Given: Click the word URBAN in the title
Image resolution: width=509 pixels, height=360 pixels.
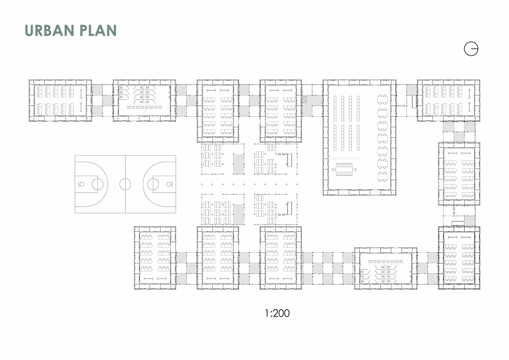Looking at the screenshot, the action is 49,31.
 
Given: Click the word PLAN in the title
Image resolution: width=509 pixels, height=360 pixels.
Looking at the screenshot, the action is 98,31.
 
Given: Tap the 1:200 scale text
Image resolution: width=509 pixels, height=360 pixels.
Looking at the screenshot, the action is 277,313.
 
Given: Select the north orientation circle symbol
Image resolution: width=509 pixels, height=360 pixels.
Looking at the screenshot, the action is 471,49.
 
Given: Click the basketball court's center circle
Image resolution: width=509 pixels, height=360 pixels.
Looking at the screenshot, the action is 125,184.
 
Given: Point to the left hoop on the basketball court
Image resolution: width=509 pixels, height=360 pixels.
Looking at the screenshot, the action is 82,184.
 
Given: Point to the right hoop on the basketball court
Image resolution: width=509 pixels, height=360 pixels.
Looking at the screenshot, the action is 169,184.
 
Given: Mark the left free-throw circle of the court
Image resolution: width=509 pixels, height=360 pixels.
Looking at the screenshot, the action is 98,184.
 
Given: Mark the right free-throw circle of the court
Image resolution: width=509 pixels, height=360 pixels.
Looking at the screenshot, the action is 153,184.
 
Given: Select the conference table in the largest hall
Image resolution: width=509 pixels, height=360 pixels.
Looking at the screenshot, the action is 344,169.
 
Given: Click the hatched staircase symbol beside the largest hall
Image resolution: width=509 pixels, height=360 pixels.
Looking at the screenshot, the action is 304,99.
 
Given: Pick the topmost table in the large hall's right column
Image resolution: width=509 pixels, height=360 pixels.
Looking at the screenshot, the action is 382,99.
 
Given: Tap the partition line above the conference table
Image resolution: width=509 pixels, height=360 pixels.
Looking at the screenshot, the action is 345,158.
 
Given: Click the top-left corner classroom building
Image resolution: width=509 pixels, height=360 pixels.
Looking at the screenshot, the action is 60,100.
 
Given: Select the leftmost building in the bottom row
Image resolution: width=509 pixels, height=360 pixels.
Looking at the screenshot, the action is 155,258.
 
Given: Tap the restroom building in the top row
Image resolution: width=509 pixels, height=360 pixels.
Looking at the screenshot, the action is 144,100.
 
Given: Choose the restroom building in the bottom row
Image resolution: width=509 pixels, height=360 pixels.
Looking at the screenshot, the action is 385,268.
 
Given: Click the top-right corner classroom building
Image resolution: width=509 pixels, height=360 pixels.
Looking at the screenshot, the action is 449,100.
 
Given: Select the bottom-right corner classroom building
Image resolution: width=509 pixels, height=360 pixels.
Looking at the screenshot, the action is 459,258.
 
